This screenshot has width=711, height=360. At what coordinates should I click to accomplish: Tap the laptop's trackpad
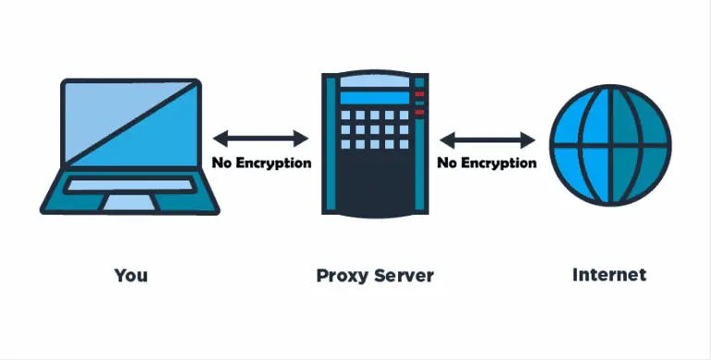click(130, 202)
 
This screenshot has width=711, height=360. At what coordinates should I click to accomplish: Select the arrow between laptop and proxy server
click(260, 139)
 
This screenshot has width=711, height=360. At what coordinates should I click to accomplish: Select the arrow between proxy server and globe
click(487, 141)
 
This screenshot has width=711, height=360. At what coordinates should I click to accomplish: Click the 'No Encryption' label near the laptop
click(261, 163)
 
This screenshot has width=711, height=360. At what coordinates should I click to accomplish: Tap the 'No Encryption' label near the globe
click(487, 163)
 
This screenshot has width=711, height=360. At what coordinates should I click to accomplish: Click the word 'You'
click(131, 275)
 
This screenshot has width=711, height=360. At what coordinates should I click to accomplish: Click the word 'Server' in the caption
click(402, 275)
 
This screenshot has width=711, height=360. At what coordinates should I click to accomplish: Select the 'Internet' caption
click(609, 274)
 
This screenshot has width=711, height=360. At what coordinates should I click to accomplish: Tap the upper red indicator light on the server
click(419, 94)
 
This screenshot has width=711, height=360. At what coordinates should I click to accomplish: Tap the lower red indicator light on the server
click(419, 112)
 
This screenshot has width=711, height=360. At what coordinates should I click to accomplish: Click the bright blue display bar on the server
click(375, 99)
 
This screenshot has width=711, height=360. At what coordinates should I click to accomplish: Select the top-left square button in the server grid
click(346, 116)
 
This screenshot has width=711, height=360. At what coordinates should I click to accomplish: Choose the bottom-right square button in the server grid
click(404, 144)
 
